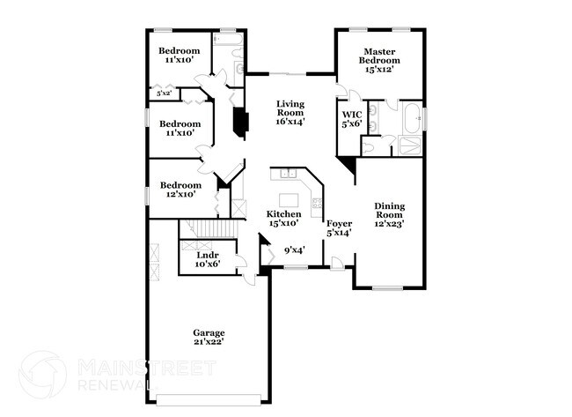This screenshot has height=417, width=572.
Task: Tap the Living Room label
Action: (290, 113)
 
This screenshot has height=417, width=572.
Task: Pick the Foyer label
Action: (339, 228)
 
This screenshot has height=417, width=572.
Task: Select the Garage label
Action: (209, 337)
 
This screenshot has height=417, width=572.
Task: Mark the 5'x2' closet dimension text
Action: (164, 93)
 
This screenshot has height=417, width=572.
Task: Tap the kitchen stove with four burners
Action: (316, 204)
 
